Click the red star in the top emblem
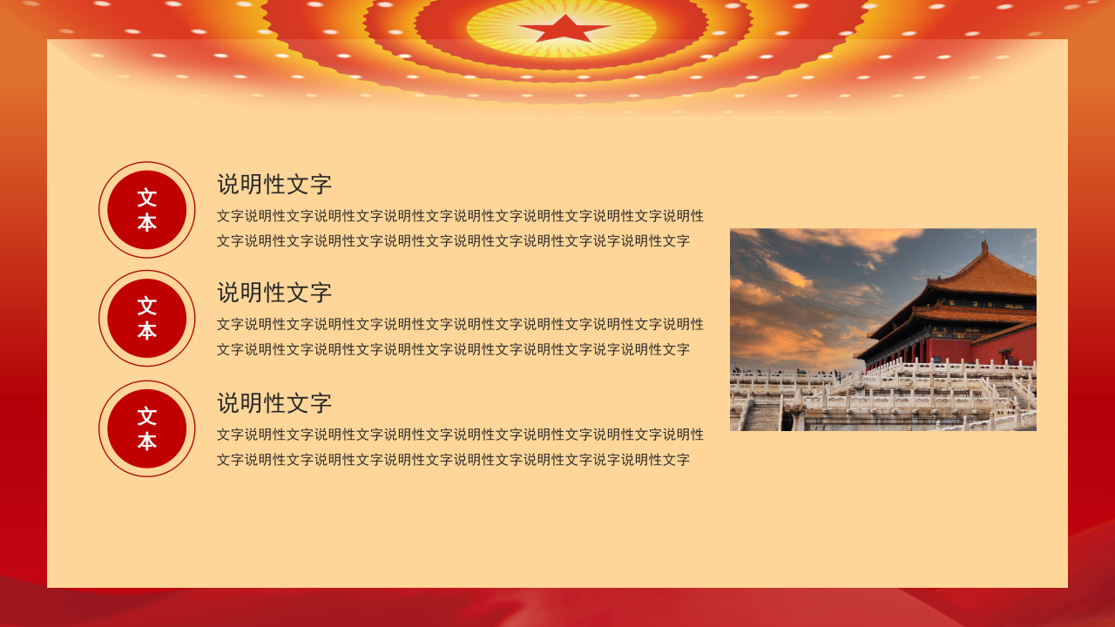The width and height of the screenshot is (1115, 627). click(564, 29)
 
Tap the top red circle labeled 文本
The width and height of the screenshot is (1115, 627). click(146, 210)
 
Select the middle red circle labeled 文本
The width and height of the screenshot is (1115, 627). click(146, 318)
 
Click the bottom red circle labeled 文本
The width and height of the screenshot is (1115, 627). click(146, 428)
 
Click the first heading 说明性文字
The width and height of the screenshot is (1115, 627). click(274, 185)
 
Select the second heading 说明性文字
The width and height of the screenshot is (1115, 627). click(274, 293)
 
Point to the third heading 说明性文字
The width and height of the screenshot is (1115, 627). click(274, 403)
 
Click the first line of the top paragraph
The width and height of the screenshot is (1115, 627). click(460, 216)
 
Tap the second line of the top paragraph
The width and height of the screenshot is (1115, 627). click(453, 241)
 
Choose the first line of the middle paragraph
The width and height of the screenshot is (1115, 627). click(460, 324)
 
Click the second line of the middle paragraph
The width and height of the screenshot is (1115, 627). click(453, 349)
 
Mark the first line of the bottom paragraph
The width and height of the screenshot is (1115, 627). click(460, 435)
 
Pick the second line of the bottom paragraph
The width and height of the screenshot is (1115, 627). click(453, 460)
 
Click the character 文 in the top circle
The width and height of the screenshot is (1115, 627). click(146, 198)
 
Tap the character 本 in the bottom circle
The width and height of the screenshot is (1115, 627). click(146, 442)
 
